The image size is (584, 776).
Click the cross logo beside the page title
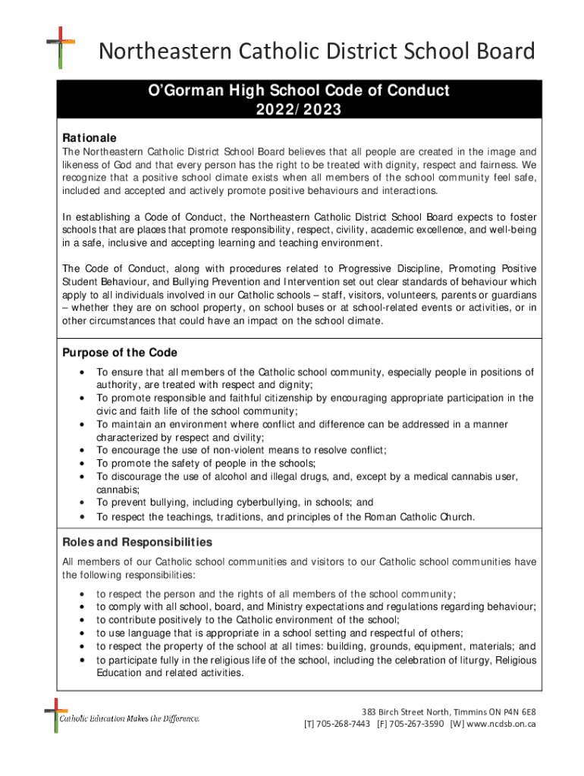coord(61,47)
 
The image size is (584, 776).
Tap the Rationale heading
coord(89,138)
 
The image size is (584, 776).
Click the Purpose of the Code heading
coord(119,352)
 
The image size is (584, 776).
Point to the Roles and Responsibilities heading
coord(137,543)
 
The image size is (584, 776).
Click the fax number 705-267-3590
coord(418,724)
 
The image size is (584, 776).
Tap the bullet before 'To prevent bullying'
coord(80,502)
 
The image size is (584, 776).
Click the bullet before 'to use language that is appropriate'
coord(80,633)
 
